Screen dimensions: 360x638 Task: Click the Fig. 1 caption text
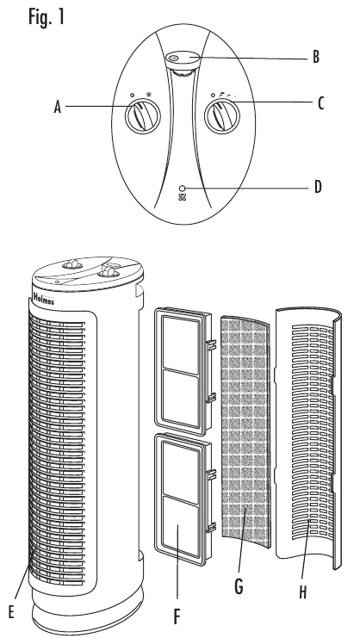click(47, 17)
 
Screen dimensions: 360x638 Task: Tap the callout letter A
click(58, 108)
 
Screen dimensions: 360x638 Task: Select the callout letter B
click(316, 57)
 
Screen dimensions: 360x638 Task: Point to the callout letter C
click(320, 104)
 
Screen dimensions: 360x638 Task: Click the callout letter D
click(318, 187)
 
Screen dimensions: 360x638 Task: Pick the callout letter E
click(11, 612)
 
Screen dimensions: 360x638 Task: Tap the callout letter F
click(177, 616)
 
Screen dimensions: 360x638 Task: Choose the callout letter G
click(239, 587)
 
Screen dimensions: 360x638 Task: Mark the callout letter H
click(302, 592)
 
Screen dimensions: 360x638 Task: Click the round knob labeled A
click(142, 116)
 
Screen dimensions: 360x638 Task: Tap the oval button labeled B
click(183, 59)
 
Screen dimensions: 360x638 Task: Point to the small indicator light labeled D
click(182, 188)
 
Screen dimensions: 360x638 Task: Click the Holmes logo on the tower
click(43, 300)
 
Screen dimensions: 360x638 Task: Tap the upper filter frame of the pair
click(183, 371)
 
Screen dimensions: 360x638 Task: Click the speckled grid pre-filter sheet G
click(245, 431)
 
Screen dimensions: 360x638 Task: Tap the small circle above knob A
click(133, 96)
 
